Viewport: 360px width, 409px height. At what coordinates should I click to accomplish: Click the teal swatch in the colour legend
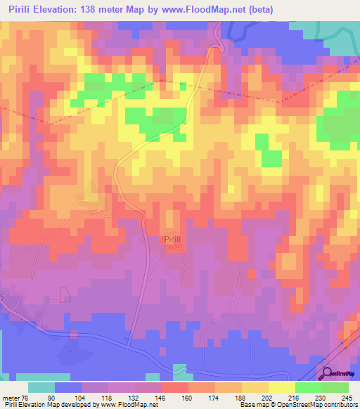[x=41, y=387]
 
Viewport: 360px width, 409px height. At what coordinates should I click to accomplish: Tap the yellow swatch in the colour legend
[x=281, y=387]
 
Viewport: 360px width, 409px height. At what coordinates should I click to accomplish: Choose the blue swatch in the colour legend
[x=68, y=387]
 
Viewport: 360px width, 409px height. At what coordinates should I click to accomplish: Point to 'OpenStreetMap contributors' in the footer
[x=319, y=405]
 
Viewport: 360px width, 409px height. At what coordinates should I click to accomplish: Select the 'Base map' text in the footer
[x=252, y=405]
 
